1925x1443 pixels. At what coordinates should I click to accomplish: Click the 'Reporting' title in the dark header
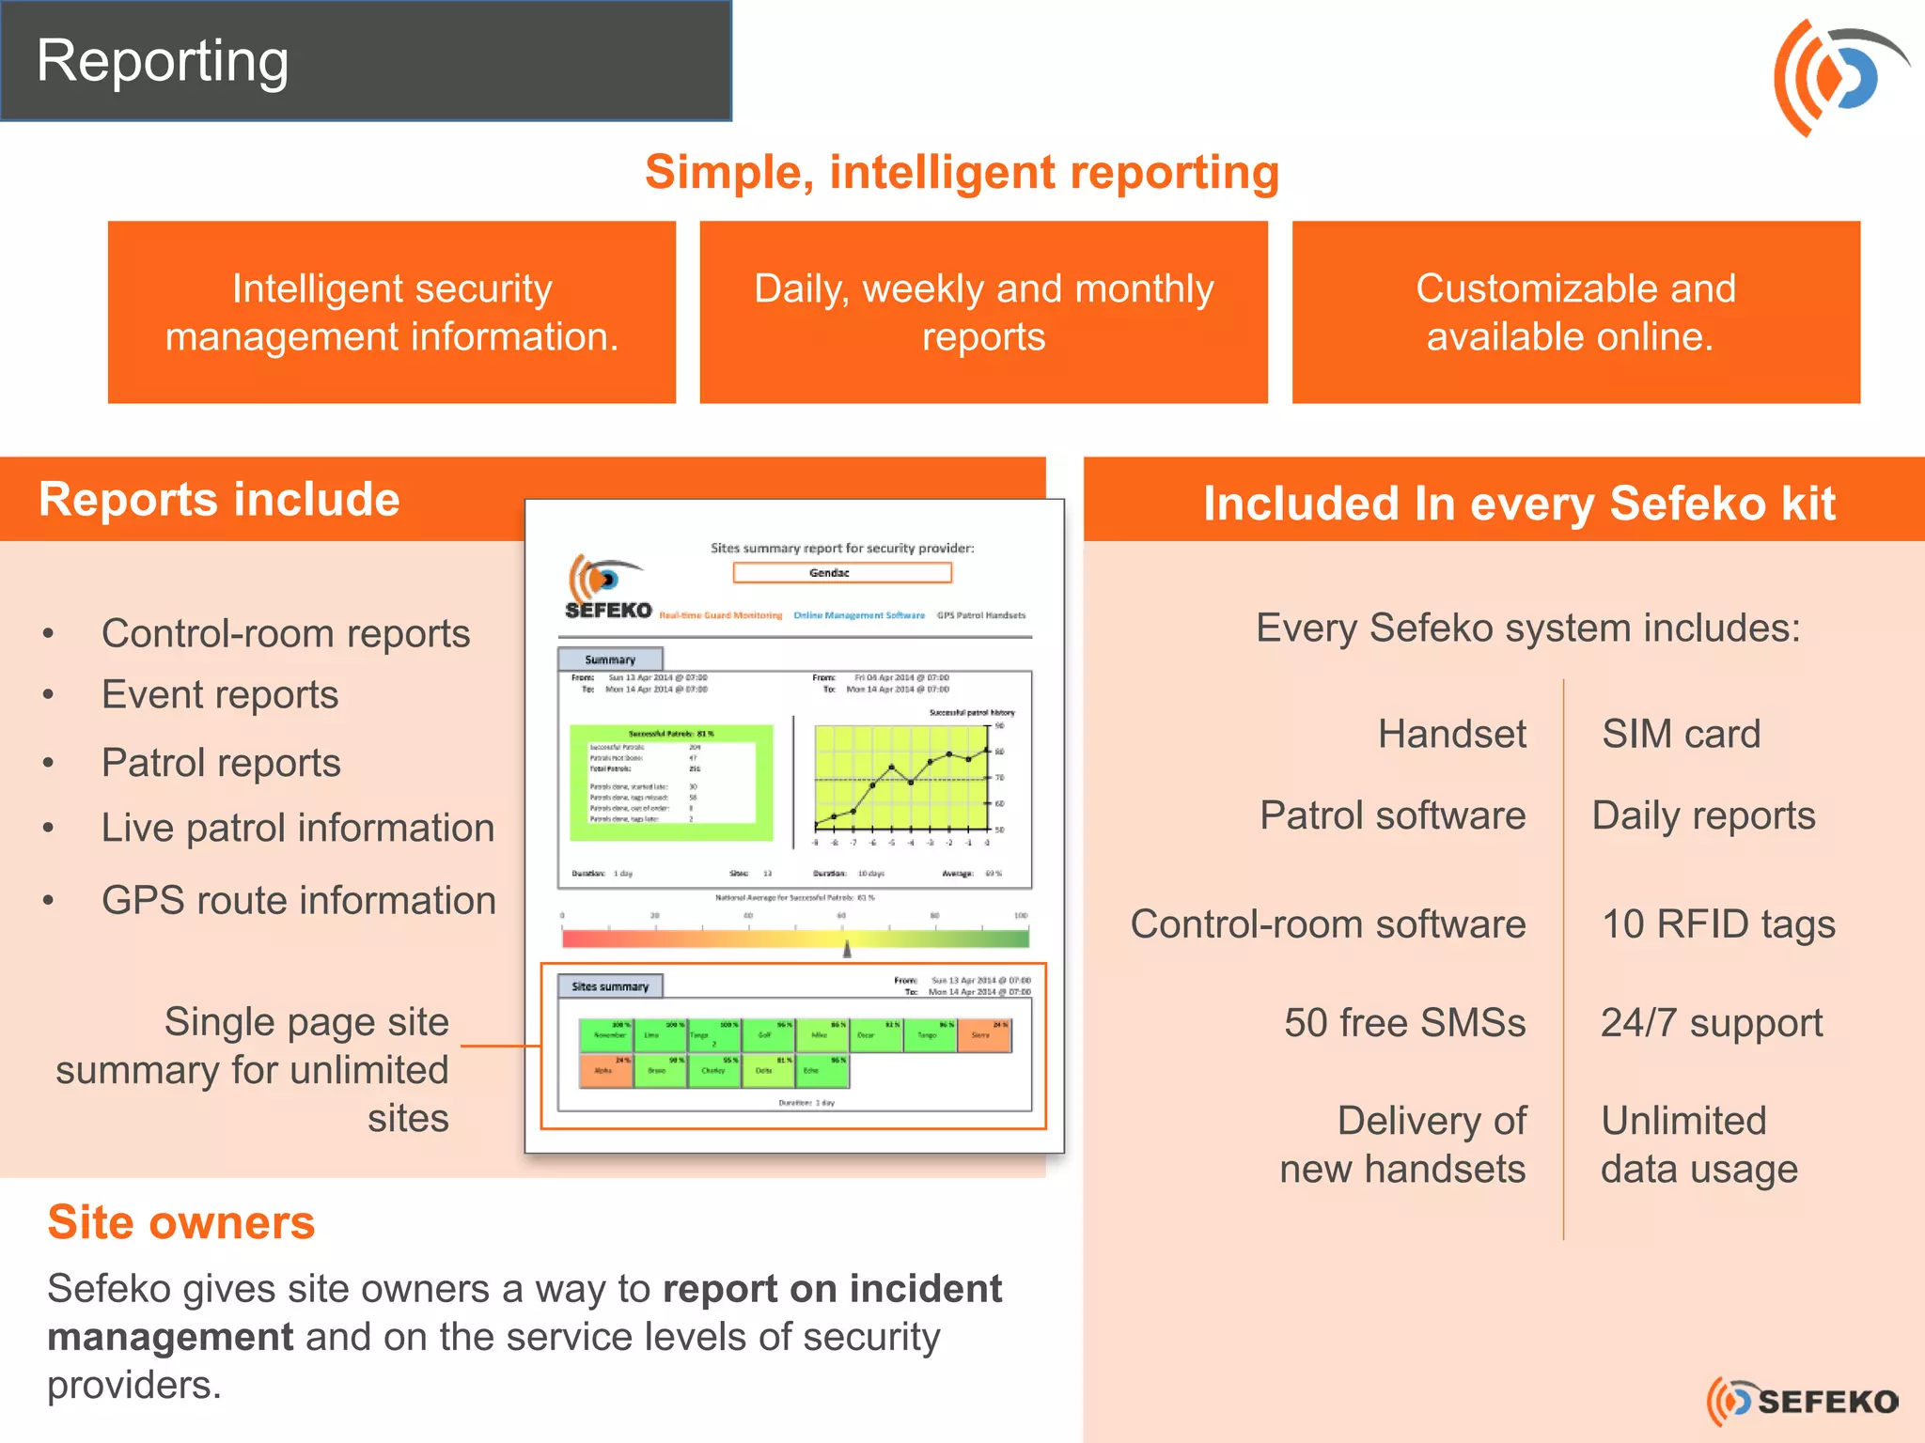(x=163, y=61)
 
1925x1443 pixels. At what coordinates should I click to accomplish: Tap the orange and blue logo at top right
(x=1838, y=77)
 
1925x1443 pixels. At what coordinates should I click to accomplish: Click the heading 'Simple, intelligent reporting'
(x=962, y=173)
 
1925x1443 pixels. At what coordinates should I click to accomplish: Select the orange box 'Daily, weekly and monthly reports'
(x=983, y=312)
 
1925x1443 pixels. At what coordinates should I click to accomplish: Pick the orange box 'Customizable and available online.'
(x=1575, y=312)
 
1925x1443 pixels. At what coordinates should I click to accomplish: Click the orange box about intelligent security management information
(x=392, y=312)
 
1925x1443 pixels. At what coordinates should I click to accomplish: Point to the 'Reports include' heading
(x=219, y=500)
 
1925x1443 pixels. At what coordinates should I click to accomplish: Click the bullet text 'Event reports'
(x=220, y=695)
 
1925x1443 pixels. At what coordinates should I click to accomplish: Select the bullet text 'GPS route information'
(x=298, y=900)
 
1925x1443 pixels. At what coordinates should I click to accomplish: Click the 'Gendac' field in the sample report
(x=842, y=572)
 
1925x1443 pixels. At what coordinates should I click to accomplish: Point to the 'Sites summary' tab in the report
(x=610, y=986)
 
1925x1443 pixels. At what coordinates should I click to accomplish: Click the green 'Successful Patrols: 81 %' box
(x=671, y=782)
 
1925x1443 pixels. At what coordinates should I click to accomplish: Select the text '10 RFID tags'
(x=1718, y=924)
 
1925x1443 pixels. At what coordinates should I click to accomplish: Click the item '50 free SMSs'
(x=1404, y=1023)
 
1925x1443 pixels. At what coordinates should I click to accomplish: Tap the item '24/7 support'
(x=1712, y=1023)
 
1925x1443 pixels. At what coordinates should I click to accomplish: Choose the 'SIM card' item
(x=1681, y=734)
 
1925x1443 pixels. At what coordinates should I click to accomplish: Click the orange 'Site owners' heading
(x=181, y=1223)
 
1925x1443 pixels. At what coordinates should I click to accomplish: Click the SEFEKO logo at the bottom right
(x=1803, y=1402)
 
